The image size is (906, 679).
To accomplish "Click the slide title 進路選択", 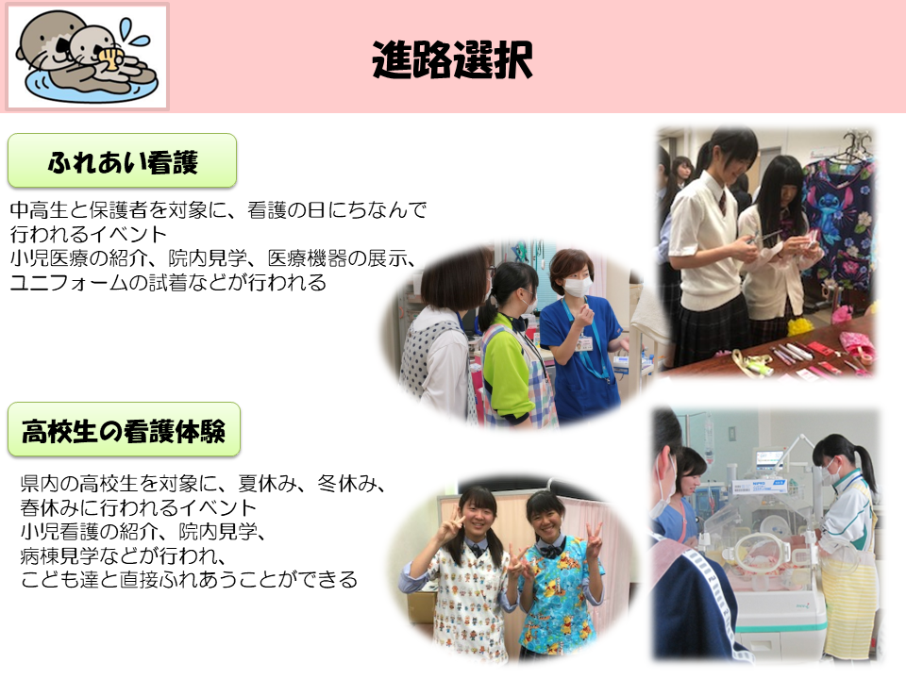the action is (452, 59).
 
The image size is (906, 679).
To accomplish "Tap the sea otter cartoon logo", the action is (87, 56).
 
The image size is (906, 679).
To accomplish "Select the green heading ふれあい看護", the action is (123, 161).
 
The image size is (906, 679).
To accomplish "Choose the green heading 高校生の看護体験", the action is (124, 430).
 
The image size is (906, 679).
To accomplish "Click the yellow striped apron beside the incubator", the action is (847, 606).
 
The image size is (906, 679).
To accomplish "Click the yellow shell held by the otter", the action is (109, 56).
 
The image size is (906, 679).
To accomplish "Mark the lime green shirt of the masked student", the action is (507, 369).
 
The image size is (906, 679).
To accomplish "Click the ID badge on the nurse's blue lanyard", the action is (583, 344).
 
